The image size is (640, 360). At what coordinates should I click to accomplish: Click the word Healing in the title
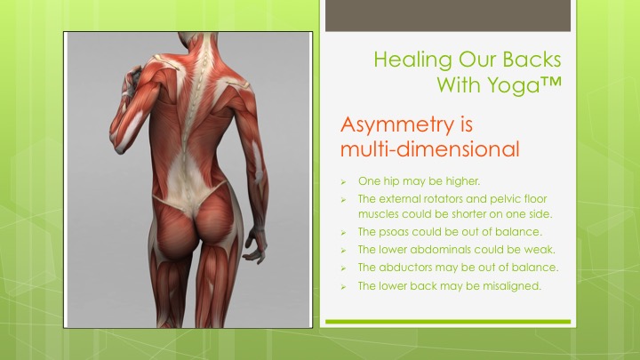click(412, 60)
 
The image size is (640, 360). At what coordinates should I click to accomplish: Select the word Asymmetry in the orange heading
click(396, 125)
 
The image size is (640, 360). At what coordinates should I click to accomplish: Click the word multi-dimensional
click(429, 149)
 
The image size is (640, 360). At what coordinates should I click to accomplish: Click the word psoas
click(394, 232)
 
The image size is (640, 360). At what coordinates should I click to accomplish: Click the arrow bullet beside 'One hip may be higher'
click(343, 182)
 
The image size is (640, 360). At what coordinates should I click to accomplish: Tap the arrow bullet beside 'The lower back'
click(343, 287)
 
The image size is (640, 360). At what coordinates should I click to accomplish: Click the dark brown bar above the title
click(448, 15)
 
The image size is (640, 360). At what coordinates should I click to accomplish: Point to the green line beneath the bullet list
click(448, 322)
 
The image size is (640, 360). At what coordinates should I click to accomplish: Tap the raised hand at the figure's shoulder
click(132, 81)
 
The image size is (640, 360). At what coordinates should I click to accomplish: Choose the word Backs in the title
click(532, 60)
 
